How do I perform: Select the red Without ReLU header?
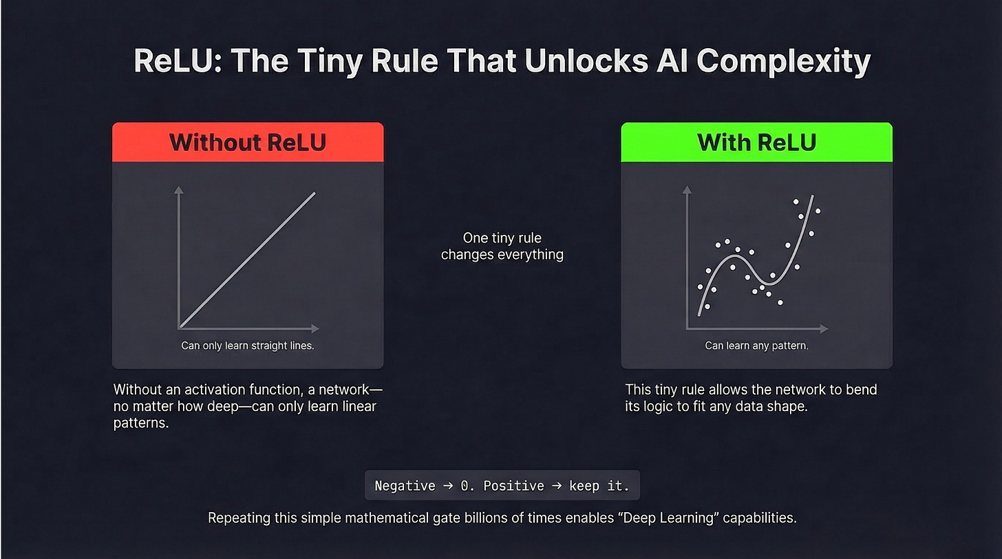[248, 143]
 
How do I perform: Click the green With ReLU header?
[756, 143]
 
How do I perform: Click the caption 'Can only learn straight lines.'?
[248, 346]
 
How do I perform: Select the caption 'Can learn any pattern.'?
[756, 346]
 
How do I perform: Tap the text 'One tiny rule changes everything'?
[502, 246]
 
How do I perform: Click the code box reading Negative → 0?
[502, 486]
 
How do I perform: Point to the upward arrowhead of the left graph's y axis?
[179, 189]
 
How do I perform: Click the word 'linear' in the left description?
[355, 406]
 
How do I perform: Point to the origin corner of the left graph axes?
[179, 328]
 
